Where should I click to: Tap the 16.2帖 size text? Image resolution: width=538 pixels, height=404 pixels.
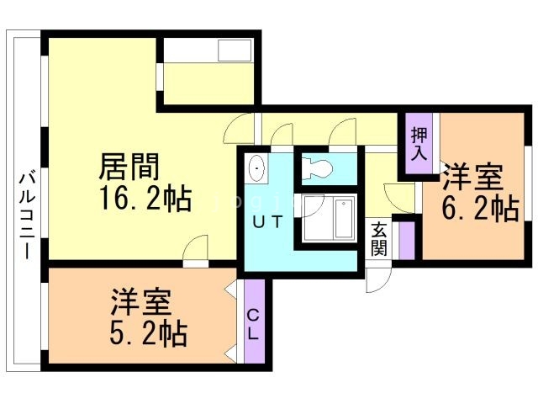coord(145,200)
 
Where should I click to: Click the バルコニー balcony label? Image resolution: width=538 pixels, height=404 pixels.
coord(25,215)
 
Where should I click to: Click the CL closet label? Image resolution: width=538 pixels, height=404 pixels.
coord(253,323)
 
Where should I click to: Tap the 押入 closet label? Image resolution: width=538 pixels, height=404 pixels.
coord(419,144)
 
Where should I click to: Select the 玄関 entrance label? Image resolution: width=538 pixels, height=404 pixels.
coord(379,238)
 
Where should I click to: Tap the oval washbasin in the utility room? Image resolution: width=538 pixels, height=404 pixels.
coord(258,168)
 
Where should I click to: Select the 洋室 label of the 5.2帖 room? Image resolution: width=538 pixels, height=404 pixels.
coord(141,302)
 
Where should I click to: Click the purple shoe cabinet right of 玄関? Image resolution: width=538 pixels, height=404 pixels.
coord(407,238)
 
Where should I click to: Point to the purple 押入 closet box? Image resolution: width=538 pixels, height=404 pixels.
coord(419,144)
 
